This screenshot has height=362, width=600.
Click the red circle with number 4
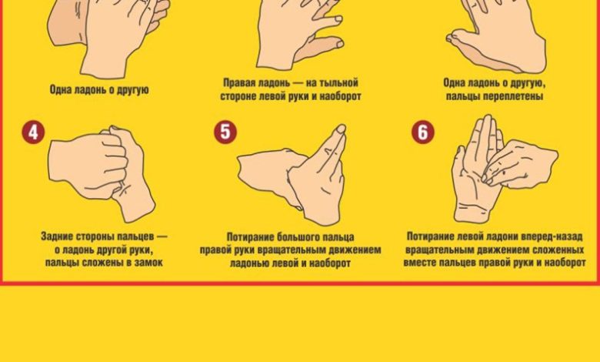click(x=33, y=132)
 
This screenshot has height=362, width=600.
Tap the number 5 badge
click(x=225, y=132)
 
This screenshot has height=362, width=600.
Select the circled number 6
click(x=423, y=132)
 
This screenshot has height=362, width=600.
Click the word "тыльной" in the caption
click(x=338, y=82)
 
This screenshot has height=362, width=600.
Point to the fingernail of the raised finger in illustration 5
click(x=341, y=129)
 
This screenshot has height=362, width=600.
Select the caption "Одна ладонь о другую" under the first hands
click(x=99, y=90)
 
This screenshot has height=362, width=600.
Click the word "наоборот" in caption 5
click(x=330, y=263)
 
